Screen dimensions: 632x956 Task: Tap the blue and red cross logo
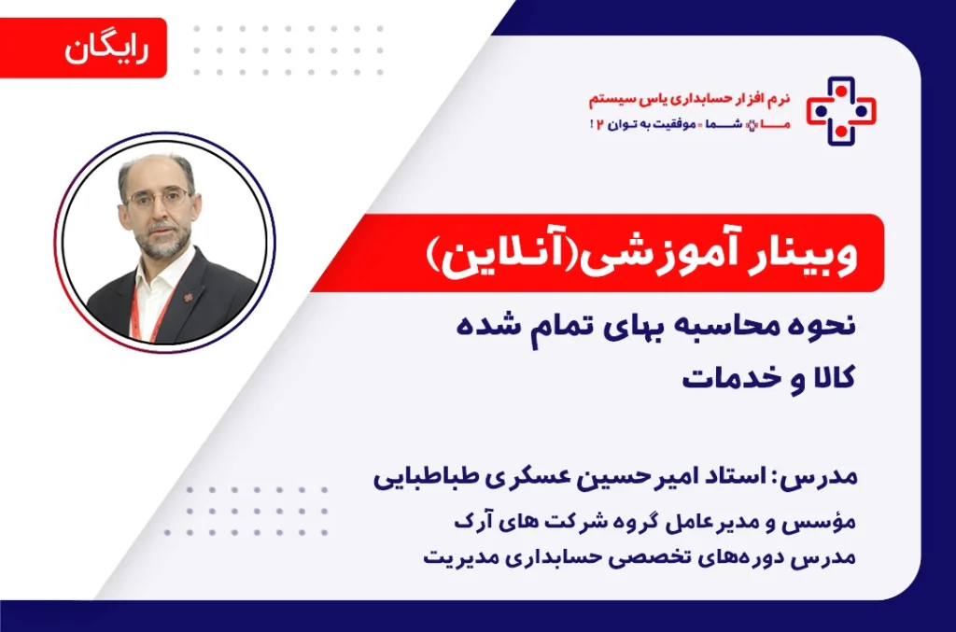(x=841, y=110)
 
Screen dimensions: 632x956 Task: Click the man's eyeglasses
(x=158, y=199)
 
